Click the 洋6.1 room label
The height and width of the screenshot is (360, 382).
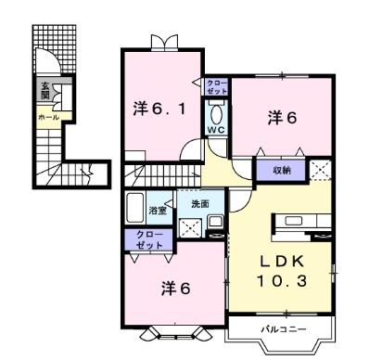(x=159, y=109)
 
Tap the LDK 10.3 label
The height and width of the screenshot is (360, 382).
(x=282, y=272)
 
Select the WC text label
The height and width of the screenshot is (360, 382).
(x=216, y=130)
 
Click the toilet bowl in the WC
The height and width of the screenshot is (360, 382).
(x=216, y=115)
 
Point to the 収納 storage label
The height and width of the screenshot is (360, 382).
(x=282, y=170)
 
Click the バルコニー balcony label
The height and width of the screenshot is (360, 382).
(x=284, y=329)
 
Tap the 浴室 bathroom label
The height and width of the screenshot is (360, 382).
(x=158, y=211)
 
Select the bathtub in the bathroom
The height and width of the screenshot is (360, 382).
(x=135, y=208)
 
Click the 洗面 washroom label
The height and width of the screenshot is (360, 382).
(x=200, y=204)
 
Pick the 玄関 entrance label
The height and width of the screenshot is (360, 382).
(x=45, y=90)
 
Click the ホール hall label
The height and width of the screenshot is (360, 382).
(x=48, y=117)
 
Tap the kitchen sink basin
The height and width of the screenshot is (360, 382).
(x=294, y=221)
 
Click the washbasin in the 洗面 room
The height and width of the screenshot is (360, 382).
(x=215, y=221)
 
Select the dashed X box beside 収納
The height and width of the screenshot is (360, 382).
(x=320, y=170)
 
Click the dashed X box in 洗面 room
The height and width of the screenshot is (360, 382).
(x=191, y=228)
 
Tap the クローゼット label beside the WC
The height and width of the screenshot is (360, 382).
(x=217, y=87)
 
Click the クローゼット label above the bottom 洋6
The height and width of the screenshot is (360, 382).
(x=149, y=240)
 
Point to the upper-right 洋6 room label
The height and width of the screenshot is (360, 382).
(x=282, y=118)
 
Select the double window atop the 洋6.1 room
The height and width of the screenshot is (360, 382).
(x=164, y=43)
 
